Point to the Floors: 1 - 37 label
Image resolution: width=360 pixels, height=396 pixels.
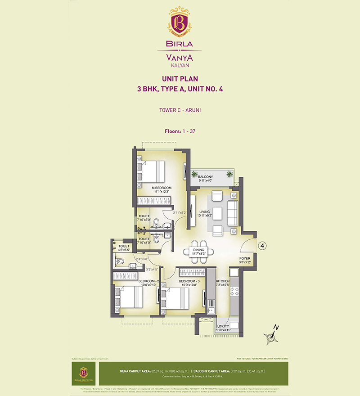click(180, 131)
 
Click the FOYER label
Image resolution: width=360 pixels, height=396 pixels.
click(244, 259)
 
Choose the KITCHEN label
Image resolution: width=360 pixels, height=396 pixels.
click(222, 281)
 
